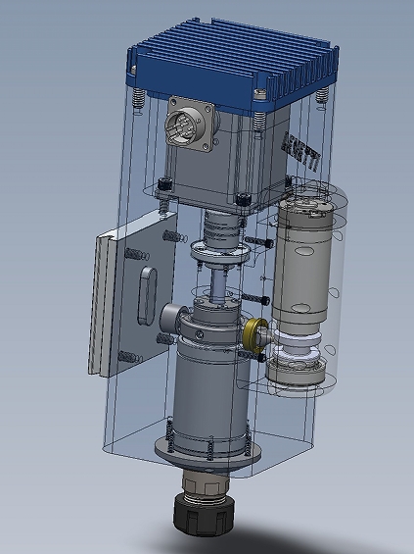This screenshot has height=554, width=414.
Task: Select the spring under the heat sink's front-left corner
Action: [139, 100]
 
